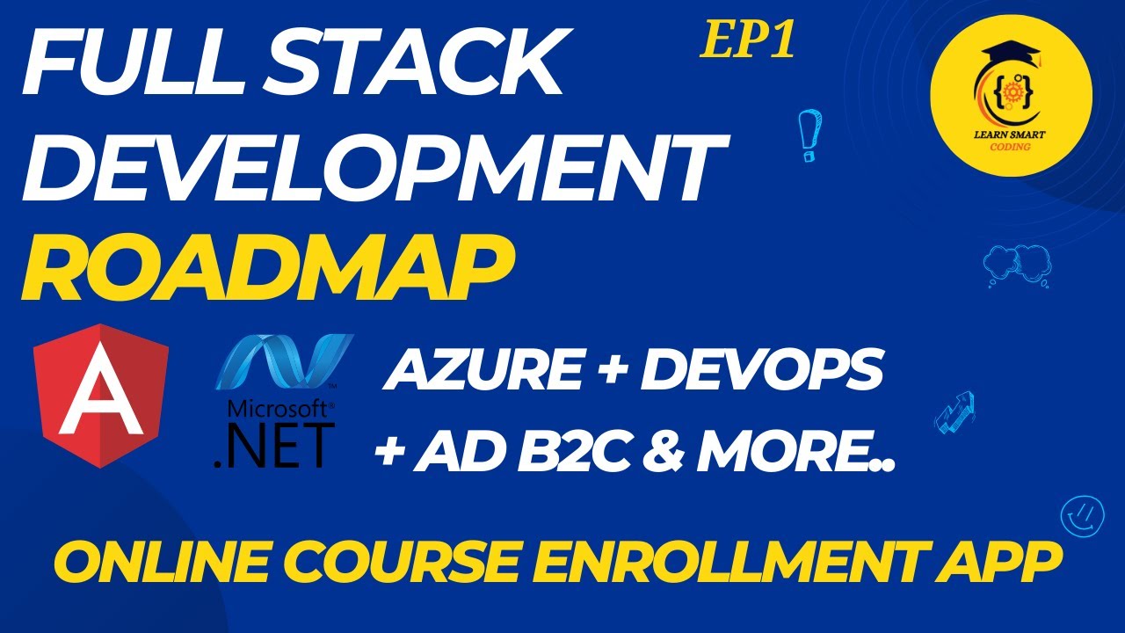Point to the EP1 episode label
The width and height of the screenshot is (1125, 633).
tap(747, 42)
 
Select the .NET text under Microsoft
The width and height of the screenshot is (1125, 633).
tap(274, 445)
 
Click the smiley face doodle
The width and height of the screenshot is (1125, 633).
tap(1080, 515)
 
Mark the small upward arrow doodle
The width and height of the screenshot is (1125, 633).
tap(954, 412)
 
